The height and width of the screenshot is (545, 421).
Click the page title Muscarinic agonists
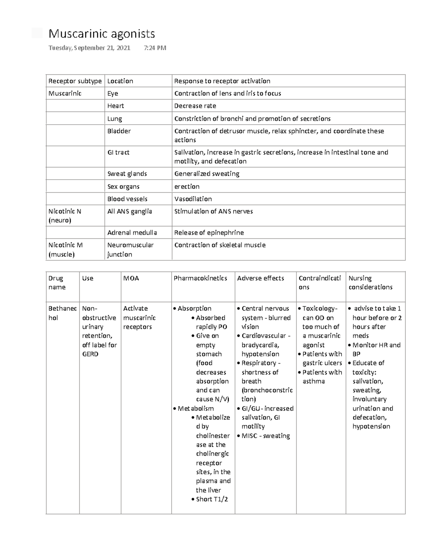click(102, 34)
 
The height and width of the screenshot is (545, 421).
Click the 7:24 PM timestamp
click(155, 48)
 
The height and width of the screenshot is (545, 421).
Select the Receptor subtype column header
click(75, 81)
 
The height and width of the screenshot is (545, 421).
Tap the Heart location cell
click(116, 106)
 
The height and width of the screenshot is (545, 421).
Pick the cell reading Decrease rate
click(195, 106)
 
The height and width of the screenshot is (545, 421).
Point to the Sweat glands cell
click(127, 174)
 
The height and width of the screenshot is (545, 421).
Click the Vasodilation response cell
click(193, 199)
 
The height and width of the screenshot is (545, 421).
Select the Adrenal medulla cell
click(132, 233)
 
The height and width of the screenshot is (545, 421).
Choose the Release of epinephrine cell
click(209, 233)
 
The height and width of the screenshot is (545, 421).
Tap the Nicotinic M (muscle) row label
click(66, 250)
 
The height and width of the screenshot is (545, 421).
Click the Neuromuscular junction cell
click(130, 250)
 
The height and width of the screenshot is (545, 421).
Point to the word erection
click(187, 187)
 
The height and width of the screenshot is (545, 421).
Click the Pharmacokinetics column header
click(200, 278)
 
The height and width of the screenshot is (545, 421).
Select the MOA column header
click(131, 278)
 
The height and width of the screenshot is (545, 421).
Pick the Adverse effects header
click(260, 278)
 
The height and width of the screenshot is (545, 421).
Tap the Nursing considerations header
click(370, 283)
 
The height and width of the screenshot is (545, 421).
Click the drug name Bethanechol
click(62, 313)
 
